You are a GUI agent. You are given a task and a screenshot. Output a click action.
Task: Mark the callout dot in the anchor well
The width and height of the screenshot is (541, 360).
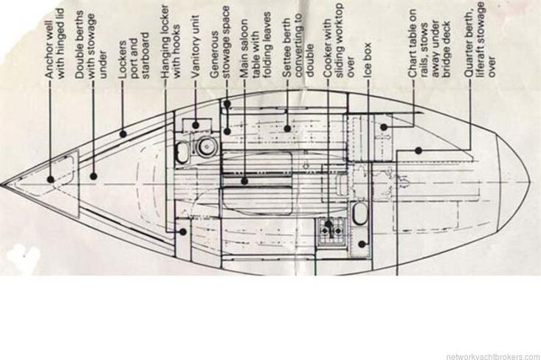(50, 179)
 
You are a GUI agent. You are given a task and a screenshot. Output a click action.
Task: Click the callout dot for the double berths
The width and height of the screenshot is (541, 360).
(94, 176)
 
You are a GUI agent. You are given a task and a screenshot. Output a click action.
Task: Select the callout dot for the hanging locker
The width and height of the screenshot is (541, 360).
(181, 231)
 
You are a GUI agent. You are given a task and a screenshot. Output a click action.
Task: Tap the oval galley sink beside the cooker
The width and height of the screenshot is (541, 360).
(359, 215)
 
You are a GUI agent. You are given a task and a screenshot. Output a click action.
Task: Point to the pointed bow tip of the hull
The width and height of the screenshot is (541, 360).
(2, 181)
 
